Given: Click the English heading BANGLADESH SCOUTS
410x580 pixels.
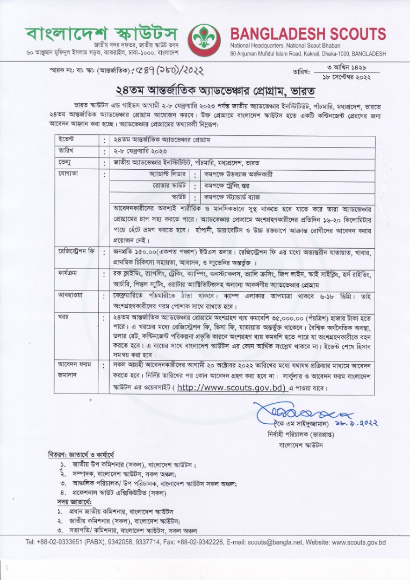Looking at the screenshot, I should click(x=308, y=34).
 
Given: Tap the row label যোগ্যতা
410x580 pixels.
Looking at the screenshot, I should click(x=69, y=175).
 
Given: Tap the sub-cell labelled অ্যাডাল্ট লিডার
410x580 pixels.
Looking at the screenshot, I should click(x=167, y=175).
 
